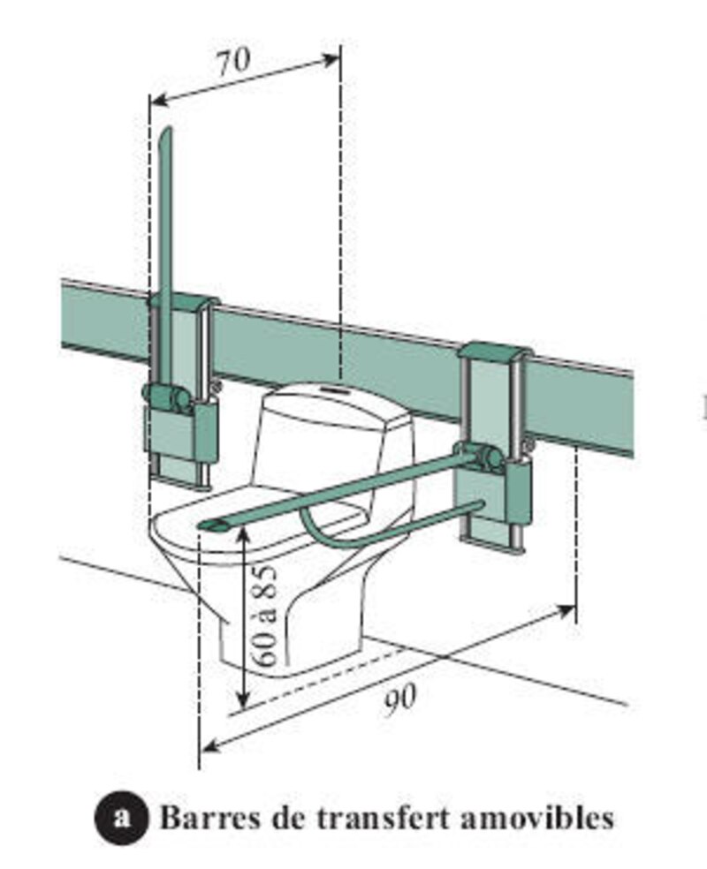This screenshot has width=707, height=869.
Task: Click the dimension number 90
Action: click(400, 701)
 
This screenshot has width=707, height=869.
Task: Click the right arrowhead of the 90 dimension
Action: click(569, 608)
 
